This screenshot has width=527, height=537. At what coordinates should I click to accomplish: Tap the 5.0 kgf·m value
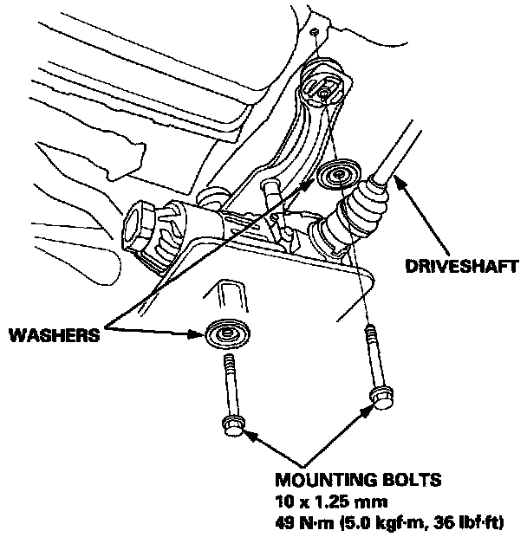tap(386, 522)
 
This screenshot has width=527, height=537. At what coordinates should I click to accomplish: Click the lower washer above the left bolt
tap(229, 333)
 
